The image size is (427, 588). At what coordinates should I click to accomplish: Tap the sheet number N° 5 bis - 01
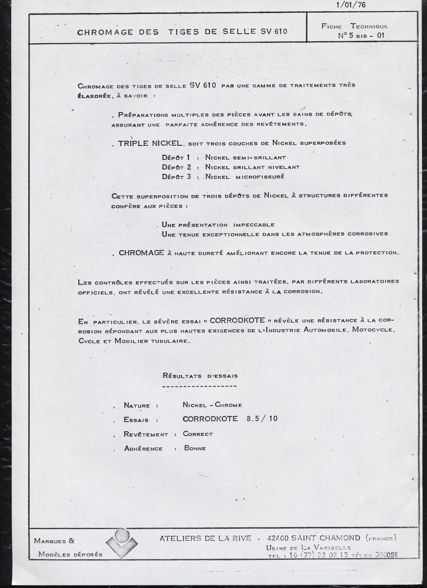click(361, 36)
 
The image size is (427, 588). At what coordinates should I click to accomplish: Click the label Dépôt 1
click(176, 157)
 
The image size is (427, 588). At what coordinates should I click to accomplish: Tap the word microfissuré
click(260, 177)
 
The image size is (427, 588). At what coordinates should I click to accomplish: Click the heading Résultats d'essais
click(200, 376)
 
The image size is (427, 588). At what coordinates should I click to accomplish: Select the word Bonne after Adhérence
click(195, 448)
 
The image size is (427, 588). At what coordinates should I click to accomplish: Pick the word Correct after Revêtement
click(198, 434)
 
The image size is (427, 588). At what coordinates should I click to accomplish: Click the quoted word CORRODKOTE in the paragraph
click(237, 320)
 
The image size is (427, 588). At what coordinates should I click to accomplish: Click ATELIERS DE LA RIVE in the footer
click(205, 538)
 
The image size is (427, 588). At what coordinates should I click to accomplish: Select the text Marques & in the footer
click(54, 540)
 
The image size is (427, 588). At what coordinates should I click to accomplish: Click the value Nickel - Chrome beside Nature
click(212, 405)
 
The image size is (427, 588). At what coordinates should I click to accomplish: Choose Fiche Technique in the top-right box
click(354, 26)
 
